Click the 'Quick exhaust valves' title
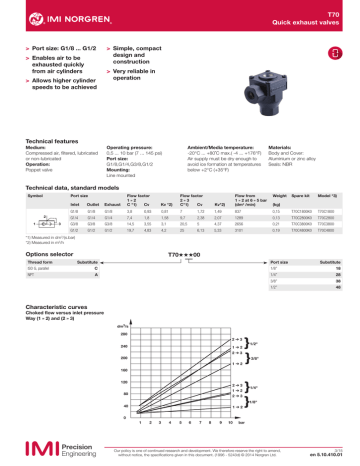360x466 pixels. [317, 24]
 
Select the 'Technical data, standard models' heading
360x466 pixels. [76, 188]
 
